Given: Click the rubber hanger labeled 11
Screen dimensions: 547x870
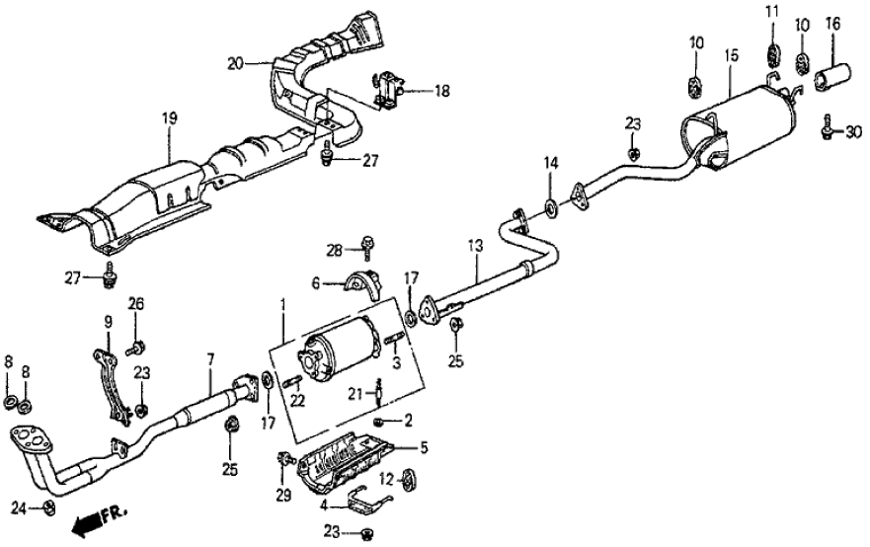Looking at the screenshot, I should point(773,51).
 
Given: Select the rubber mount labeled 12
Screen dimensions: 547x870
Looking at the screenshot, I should point(410,479).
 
